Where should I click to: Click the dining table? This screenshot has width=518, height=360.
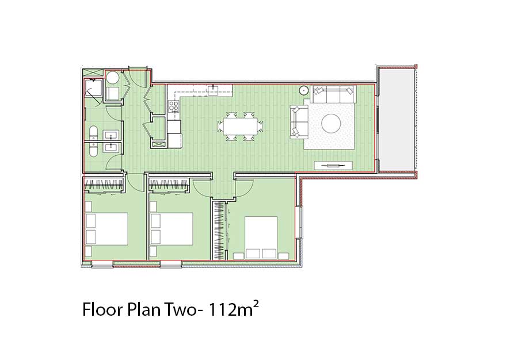240,127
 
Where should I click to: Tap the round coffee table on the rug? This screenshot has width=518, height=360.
331,124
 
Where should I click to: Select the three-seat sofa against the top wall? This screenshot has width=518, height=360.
333,94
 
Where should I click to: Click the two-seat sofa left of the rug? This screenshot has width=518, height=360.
299,121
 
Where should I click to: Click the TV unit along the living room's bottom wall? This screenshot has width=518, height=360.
333,165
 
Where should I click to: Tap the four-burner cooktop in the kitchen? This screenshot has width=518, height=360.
174,106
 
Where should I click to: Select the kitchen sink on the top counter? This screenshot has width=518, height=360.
214,90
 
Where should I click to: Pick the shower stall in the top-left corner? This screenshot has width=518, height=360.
93,88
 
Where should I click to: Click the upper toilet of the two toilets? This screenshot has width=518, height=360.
93,133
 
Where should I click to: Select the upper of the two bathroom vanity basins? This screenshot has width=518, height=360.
111,135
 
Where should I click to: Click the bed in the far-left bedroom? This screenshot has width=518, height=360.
106,229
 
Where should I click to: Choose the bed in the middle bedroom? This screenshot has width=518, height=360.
171,229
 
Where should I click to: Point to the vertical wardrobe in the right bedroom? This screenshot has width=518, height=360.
219,230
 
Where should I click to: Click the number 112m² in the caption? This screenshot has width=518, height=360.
232,309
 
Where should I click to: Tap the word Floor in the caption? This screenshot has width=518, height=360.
102,309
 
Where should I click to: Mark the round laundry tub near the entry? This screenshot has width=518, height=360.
113,78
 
